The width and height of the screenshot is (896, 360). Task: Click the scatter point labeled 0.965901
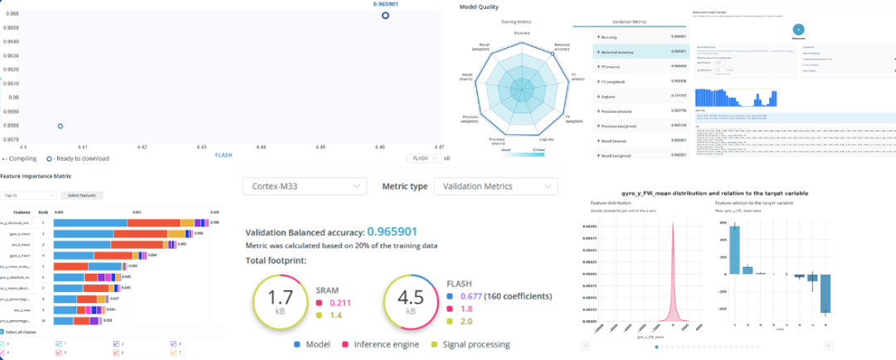[385, 16]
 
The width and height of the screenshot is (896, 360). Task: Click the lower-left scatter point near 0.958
[61, 126]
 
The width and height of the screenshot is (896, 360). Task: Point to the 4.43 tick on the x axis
[202, 147]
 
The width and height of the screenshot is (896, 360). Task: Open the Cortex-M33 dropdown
[304, 186]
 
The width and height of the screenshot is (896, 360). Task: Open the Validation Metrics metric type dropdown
[495, 186]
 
